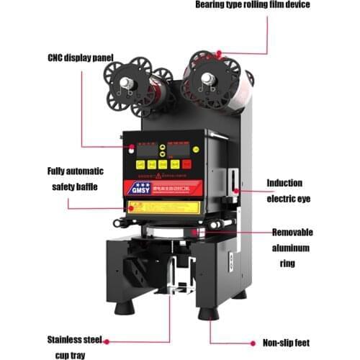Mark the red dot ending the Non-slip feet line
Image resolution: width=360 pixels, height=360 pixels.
[x=210, y=343]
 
